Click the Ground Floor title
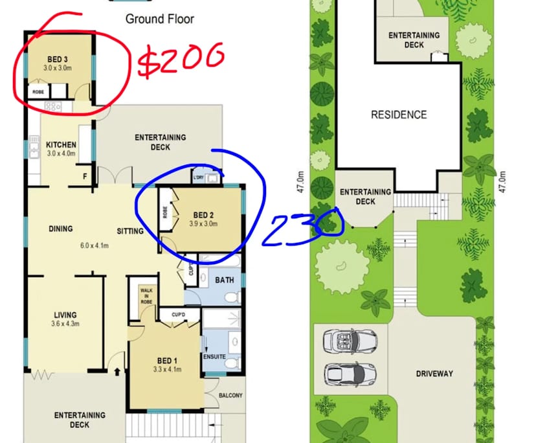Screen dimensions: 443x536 tap(159, 19)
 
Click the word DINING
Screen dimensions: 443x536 tap(60, 229)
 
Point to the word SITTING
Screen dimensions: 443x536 tap(130, 231)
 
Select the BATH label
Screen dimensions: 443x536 tap(224, 280)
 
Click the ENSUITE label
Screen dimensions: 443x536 tap(214, 356)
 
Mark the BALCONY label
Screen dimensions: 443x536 tap(230, 396)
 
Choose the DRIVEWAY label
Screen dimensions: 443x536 tap(434, 374)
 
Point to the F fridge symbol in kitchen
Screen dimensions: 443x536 tap(85, 175)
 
